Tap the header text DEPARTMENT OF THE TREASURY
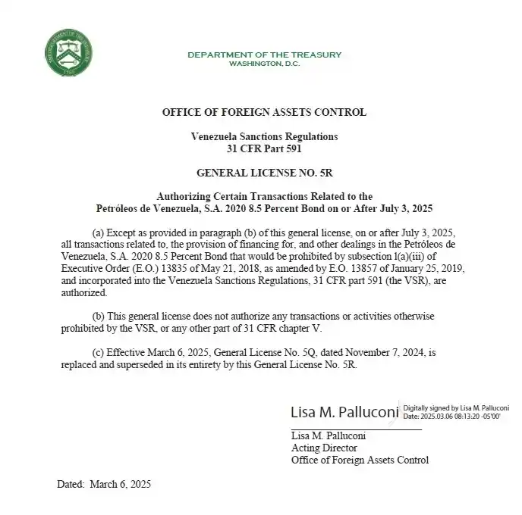point(264,55)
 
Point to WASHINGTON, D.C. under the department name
point(264,64)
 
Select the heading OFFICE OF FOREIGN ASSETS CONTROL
point(264,112)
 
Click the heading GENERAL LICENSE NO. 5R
point(264,172)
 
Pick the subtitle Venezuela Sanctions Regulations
point(264,136)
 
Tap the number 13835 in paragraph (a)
point(171,270)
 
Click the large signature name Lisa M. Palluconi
point(345,412)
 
